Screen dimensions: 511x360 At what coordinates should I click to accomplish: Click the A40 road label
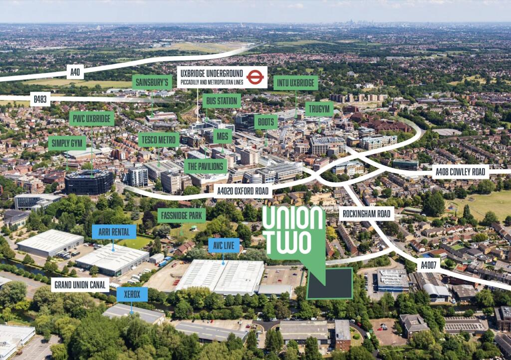pyautogui.click(x=75, y=72)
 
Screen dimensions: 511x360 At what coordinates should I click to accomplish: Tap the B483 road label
pyautogui.click(x=40, y=99)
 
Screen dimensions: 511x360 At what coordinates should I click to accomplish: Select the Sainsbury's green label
pyautogui.click(x=152, y=82)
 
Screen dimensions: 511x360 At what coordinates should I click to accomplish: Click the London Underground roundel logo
pyautogui.click(x=255, y=77)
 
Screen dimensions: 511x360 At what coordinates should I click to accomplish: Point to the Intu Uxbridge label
pyautogui.click(x=295, y=83)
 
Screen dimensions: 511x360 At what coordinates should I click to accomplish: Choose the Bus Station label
pyautogui.click(x=222, y=101)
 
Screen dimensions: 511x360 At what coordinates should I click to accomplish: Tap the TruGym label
pyautogui.click(x=319, y=109)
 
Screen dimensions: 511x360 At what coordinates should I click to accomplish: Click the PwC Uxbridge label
pyautogui.click(x=92, y=119)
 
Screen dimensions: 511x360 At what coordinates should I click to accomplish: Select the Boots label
pyautogui.click(x=266, y=122)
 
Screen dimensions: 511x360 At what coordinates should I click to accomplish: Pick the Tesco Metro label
pyautogui.click(x=159, y=140)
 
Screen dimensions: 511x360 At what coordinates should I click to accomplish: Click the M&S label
pyautogui.click(x=223, y=136)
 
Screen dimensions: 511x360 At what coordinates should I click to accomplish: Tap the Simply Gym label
pyautogui.click(x=67, y=143)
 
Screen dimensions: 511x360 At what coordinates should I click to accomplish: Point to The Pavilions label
pyautogui.click(x=206, y=166)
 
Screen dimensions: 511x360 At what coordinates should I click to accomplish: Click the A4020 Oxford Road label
pyautogui.click(x=243, y=191)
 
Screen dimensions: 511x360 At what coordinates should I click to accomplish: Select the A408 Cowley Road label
pyautogui.click(x=461, y=172)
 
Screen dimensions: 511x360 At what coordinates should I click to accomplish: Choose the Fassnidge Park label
pyautogui.click(x=182, y=216)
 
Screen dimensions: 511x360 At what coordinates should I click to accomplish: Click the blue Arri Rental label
pyautogui.click(x=114, y=232)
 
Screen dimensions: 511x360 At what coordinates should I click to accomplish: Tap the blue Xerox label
pyautogui.click(x=132, y=295)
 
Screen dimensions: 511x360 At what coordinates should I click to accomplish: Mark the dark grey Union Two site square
pyautogui.click(x=330, y=283)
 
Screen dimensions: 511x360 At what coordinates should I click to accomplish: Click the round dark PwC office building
pyautogui.click(x=89, y=182)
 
